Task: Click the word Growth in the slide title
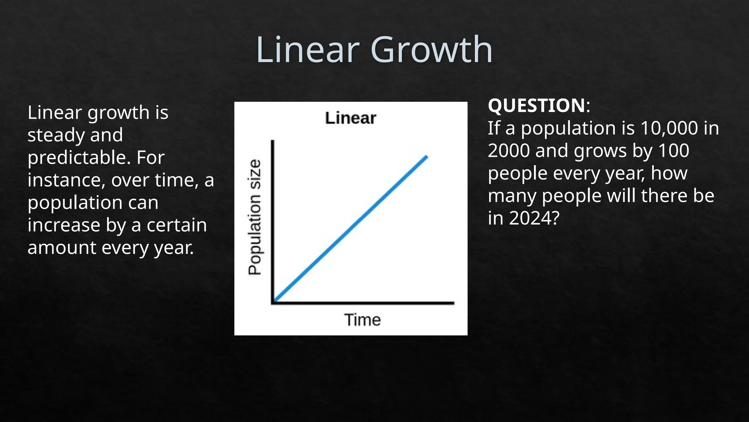[432, 50]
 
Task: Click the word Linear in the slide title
[308, 50]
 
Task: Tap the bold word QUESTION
[537, 105]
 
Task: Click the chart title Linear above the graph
[350, 118]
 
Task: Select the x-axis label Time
[362, 320]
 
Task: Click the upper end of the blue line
[426, 157]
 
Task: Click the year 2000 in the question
[509, 151]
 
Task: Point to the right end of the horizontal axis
[453, 303]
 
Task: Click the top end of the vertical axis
[272, 141]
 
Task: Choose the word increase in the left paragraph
[64, 225]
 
